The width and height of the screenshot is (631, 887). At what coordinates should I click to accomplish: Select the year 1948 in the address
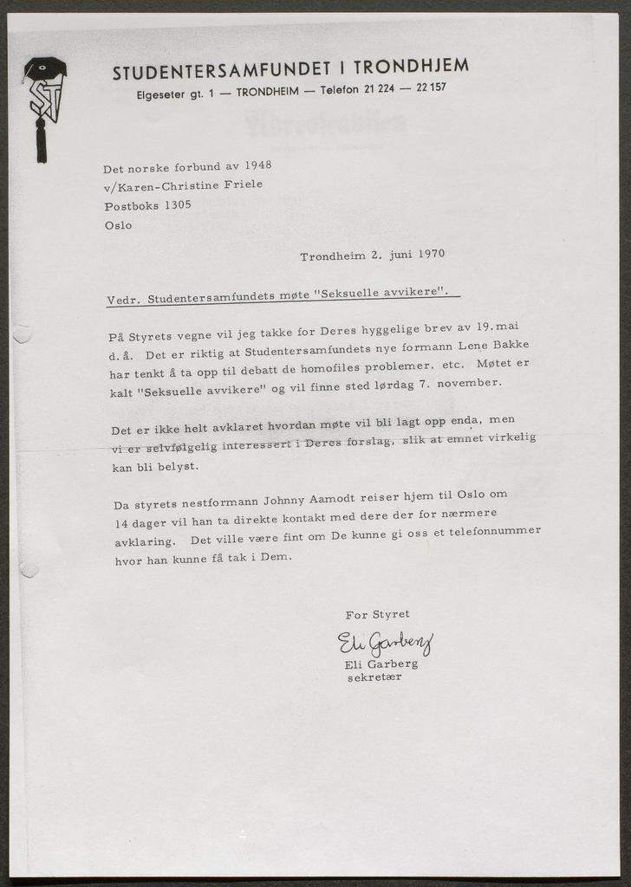[x=257, y=165]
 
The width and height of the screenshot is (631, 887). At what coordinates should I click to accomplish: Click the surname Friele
[x=242, y=185]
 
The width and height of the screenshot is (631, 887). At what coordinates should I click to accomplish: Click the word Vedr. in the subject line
[x=123, y=300]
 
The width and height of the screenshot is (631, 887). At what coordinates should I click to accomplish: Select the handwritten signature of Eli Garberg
[x=384, y=643]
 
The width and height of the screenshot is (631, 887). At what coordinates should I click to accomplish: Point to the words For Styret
[x=377, y=614]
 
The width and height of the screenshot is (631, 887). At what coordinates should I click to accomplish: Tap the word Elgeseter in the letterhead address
[x=160, y=94]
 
